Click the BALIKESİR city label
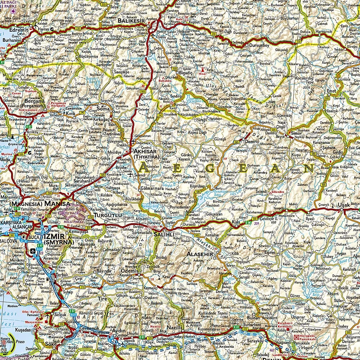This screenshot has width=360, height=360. pyautogui.click(x=131, y=21)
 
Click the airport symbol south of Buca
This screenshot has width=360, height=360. pyautogui.click(x=34, y=251)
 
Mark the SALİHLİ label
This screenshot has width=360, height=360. pyautogui.click(x=164, y=234)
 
